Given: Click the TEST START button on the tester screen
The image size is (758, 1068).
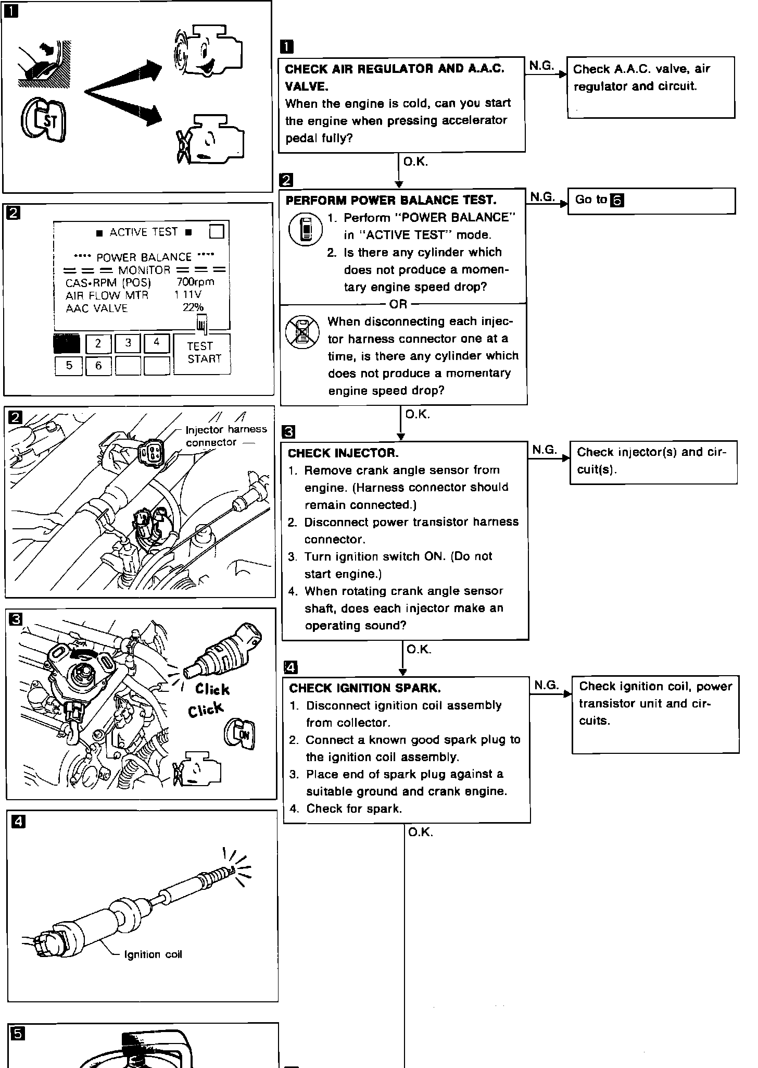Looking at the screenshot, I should pos(202,353).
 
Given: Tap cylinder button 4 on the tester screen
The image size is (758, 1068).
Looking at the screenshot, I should pos(157,343).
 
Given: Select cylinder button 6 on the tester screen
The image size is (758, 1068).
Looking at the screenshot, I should pos(98,366).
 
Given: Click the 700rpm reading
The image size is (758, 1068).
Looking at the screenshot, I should pos(195,282).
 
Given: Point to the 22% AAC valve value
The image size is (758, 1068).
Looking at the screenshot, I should pos(193,307).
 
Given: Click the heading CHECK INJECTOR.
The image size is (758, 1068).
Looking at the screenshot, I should pos(343,453).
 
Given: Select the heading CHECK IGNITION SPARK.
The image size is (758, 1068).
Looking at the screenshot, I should pos(364,688).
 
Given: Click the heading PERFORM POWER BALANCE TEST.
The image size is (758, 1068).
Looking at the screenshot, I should pos(391,200).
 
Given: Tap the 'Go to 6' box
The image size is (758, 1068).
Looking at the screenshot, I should pos(651,201).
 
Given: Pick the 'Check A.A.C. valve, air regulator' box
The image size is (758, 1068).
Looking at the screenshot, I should pos(650,87).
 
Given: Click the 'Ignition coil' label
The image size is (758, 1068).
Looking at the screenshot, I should pos(153,954).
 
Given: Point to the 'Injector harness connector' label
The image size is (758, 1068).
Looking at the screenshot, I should pos(225,436).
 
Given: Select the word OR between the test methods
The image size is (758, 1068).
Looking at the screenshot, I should pos(398,304).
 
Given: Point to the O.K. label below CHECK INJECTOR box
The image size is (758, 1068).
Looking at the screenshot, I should pos(419,649).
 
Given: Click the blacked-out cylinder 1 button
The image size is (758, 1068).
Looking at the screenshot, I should pos(67,344).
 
